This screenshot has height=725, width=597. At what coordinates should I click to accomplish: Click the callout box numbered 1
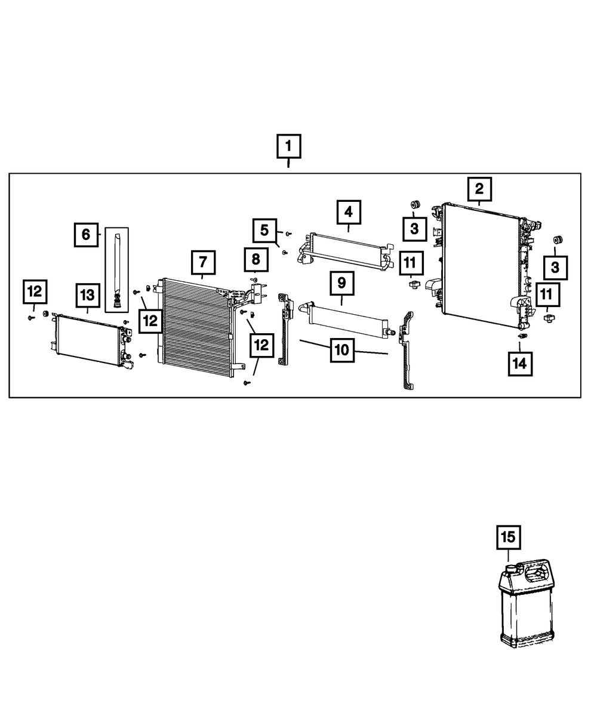pos(288,146)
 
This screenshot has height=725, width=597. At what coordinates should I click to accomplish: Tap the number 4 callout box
pos(348,213)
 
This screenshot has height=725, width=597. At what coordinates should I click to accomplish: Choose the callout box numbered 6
pos(86,235)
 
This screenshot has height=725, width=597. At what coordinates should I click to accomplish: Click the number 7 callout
pos(203,262)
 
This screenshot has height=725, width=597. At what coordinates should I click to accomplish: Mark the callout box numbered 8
pos(256,259)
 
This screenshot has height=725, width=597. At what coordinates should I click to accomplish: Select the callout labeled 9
pos(341,283)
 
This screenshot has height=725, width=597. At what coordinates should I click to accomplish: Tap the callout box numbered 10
pos(341,350)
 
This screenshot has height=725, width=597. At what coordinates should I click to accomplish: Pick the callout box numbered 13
pos(88,294)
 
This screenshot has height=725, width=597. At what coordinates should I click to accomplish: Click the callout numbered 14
pos(519,364)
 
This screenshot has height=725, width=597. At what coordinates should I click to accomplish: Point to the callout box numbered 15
pos(507,537)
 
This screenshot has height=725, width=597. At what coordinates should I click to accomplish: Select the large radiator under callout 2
pos(481,263)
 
